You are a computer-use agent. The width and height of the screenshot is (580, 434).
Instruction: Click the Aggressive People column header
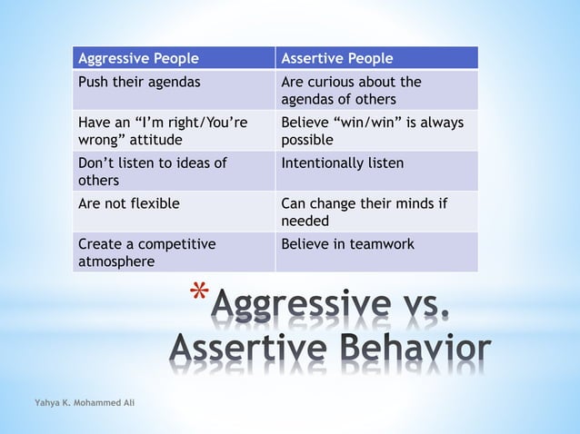(174, 58)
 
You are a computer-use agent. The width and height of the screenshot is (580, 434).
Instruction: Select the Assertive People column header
(376, 58)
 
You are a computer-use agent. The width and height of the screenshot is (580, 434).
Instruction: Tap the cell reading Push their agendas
(174, 90)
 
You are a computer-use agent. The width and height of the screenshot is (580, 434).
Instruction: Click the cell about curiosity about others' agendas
(376, 90)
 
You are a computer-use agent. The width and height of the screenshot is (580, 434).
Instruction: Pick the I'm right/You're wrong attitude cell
(174, 131)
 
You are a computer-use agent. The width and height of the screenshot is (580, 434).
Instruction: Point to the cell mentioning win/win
(376, 131)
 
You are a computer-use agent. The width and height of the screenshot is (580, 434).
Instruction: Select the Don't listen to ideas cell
(174, 171)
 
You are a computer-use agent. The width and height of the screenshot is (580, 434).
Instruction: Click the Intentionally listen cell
(376, 171)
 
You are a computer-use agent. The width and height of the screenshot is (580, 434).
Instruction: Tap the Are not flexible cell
(174, 212)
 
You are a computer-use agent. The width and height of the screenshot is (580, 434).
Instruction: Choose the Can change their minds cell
(376, 212)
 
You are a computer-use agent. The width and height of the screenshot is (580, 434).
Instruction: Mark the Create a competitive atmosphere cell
(174, 252)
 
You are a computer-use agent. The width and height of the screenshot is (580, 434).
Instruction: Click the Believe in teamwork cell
(376, 252)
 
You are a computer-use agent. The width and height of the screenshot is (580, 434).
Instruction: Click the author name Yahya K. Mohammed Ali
(80, 401)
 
